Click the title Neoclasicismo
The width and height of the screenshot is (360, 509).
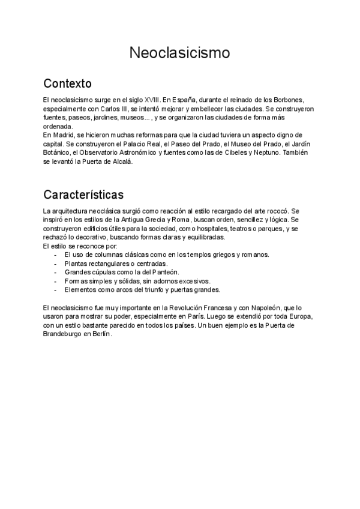(x=179, y=53)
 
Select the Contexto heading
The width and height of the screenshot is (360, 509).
(x=67, y=82)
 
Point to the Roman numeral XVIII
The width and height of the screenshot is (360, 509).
(x=152, y=99)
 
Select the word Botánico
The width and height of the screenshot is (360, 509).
(x=56, y=153)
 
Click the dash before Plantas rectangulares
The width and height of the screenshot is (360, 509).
(x=56, y=264)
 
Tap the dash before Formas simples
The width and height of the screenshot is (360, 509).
(x=56, y=280)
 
